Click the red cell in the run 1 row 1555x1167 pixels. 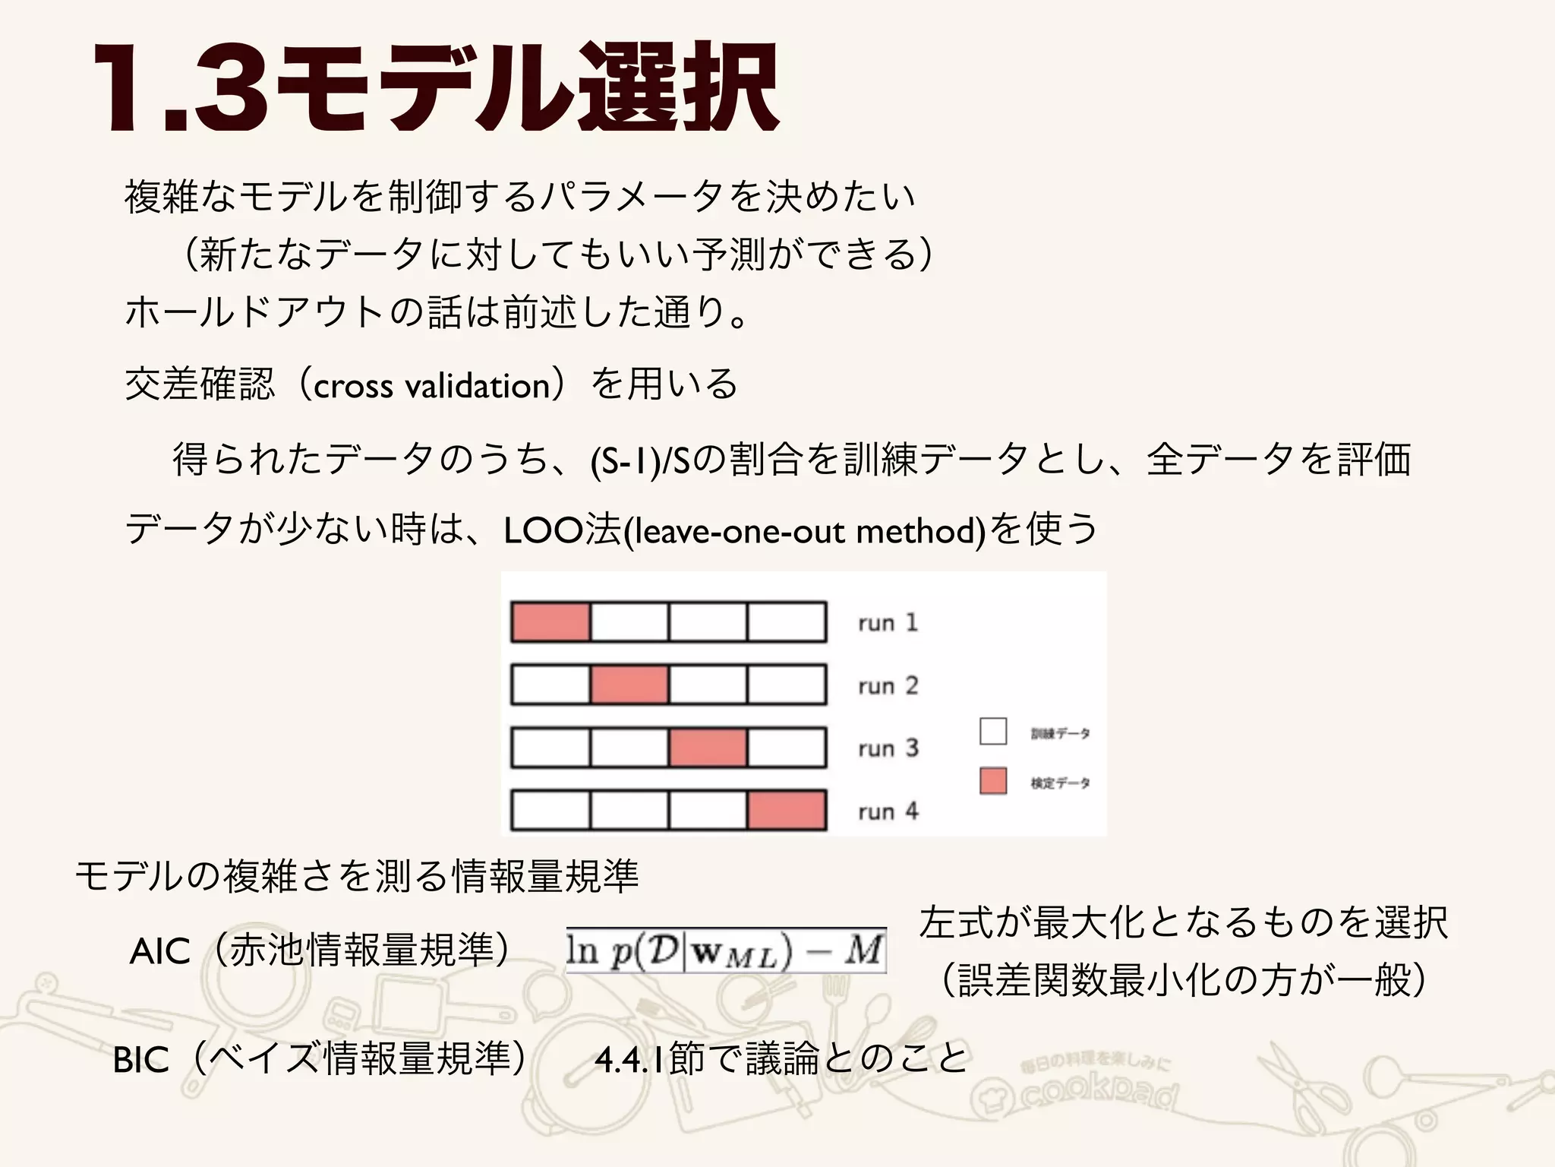(x=550, y=622)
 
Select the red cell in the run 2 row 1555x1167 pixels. (x=629, y=685)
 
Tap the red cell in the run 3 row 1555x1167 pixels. (x=708, y=748)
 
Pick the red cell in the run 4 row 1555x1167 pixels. (x=787, y=810)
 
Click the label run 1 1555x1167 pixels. (x=888, y=623)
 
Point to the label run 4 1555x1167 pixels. (x=888, y=811)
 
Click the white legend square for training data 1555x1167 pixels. (x=993, y=732)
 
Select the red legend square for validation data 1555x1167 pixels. (x=993, y=781)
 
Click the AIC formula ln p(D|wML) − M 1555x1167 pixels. (x=726, y=950)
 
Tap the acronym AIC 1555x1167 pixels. (x=159, y=952)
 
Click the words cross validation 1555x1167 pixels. (x=431, y=386)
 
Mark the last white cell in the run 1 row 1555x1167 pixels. (x=787, y=622)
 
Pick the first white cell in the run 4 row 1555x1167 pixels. (x=550, y=810)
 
